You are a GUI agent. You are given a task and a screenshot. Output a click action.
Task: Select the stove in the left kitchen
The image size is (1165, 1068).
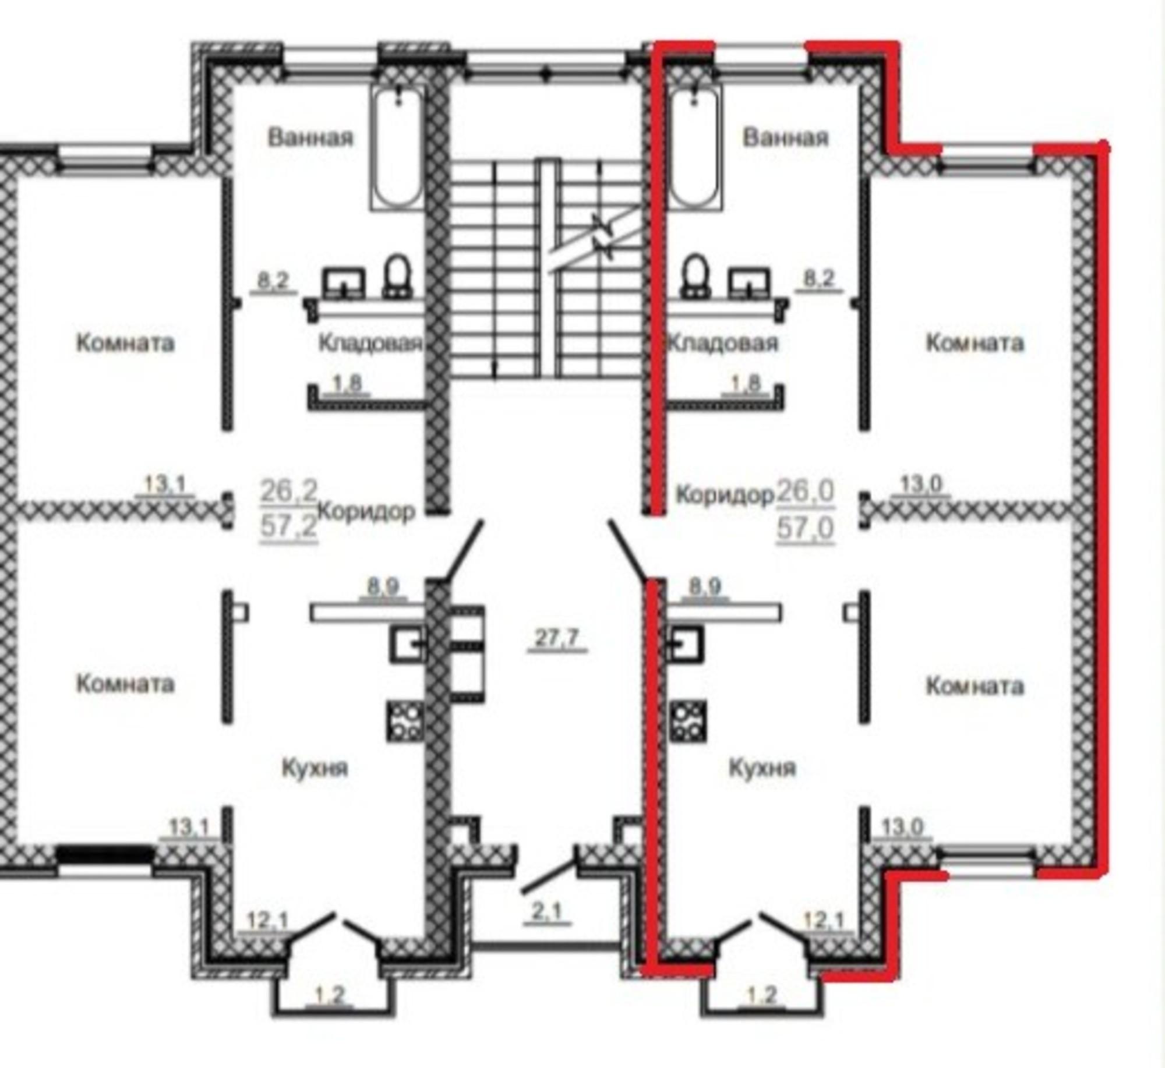tap(405, 721)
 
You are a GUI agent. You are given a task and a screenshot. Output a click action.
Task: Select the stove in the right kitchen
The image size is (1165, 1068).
tap(689, 721)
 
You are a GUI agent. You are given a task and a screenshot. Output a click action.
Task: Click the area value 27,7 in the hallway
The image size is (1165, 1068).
tap(556, 638)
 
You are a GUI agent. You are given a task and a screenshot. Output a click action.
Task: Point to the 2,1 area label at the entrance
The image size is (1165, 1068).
tap(548, 911)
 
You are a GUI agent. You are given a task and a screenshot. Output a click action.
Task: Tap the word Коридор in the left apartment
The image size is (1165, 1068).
tap(367, 511)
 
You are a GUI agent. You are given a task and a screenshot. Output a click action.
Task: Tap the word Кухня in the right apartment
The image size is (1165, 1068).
tap(762, 769)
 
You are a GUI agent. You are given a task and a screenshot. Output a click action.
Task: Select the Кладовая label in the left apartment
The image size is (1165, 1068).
tap(370, 343)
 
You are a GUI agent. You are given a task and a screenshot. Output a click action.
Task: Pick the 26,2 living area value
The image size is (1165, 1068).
tap(289, 490)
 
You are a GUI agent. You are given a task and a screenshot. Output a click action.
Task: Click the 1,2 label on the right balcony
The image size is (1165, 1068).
tap(762, 996)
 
